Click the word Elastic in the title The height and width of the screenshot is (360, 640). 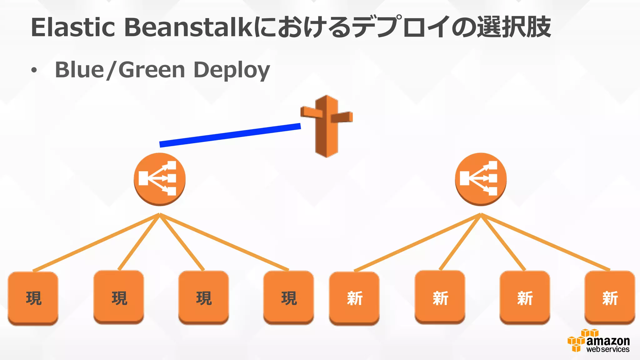(73, 27)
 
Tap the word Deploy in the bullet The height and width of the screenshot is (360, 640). (232, 70)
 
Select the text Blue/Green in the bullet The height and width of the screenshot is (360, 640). (120, 70)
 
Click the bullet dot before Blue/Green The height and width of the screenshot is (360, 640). (34, 71)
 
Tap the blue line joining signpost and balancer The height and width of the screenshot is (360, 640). (230, 135)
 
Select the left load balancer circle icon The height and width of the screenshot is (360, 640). (160, 179)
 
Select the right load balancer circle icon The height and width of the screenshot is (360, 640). (481, 179)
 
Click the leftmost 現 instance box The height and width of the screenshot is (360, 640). (33, 298)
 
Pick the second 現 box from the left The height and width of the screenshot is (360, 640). (119, 297)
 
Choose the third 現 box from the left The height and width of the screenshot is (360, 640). (204, 297)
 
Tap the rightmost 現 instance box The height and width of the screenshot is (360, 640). (289, 297)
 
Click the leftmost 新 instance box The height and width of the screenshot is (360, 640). (354, 298)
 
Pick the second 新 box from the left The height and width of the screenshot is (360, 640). (440, 297)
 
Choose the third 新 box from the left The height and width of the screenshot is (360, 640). (525, 297)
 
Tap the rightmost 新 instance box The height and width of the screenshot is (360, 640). (610, 297)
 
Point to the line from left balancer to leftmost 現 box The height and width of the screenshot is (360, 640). (96, 242)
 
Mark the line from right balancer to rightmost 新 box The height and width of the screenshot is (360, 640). (545, 242)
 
